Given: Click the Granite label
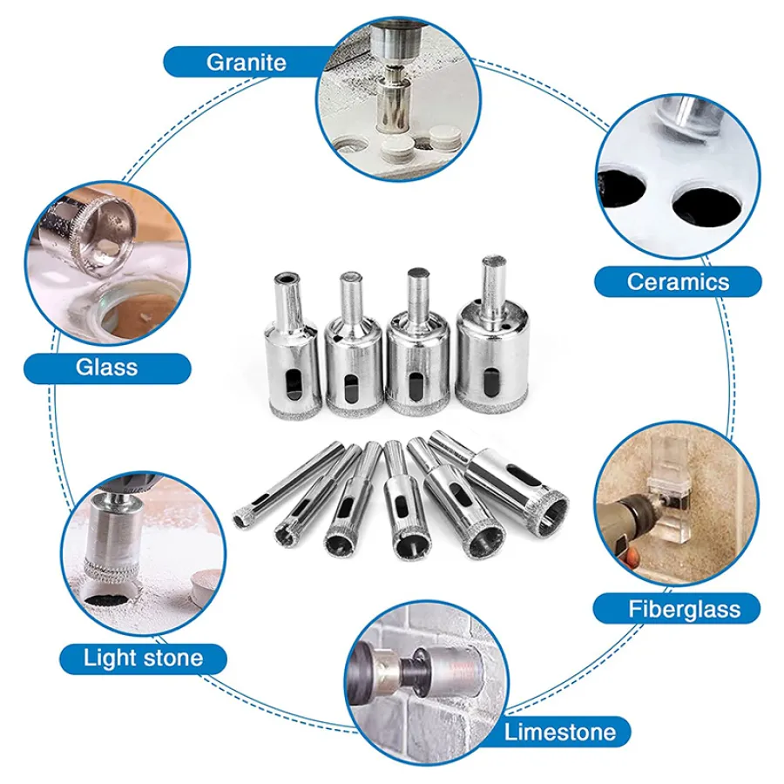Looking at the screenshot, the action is pyautogui.click(x=246, y=62).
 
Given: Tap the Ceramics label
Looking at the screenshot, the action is pyautogui.click(x=678, y=281).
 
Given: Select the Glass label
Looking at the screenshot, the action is pyautogui.click(x=106, y=368).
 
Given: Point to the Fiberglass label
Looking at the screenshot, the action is pyautogui.click(x=684, y=609).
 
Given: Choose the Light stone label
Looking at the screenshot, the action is pyautogui.click(x=143, y=658).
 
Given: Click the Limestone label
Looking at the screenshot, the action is pyautogui.click(x=559, y=732).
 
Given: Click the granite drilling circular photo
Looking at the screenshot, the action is pyautogui.click(x=397, y=97).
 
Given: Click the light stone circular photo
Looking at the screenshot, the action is pyautogui.click(x=144, y=554).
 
